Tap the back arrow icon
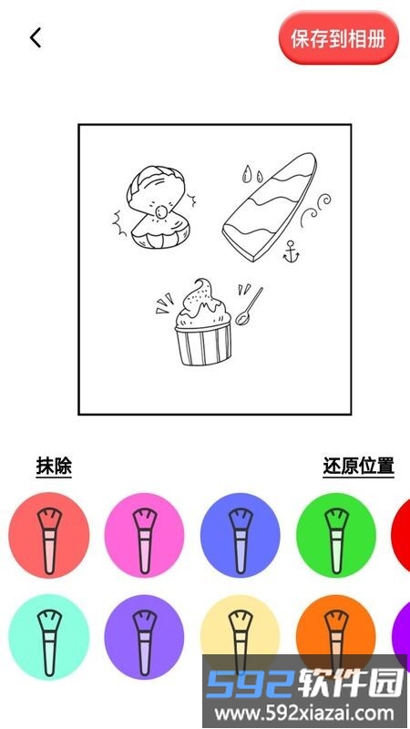pos(36,37)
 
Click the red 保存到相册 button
pos(338,38)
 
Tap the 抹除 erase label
pos(54,466)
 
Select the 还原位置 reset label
pos(358,466)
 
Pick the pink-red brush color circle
pos(49,535)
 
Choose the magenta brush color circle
pos(144,535)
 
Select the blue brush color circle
pos(240,535)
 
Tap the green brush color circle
pos(335,535)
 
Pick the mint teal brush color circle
pos(49,637)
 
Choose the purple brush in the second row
pos(144,637)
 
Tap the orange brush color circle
pos(335,628)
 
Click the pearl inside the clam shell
pos(161,213)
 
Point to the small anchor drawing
pos(292,252)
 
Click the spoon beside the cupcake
pos(249,306)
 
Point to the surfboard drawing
pos(270,207)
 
